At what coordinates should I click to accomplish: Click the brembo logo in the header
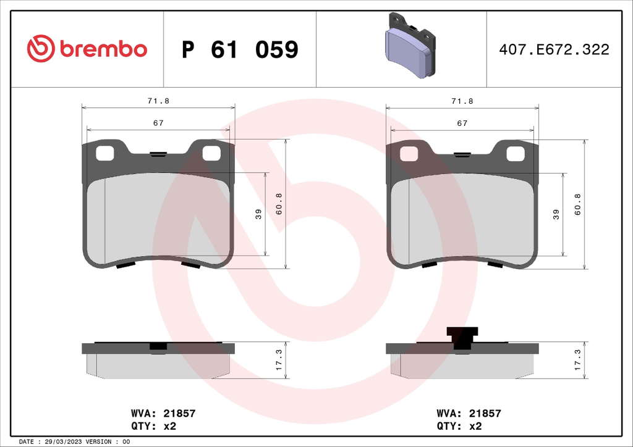[87, 49]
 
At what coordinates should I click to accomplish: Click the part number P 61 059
[240, 49]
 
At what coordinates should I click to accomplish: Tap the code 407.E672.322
[554, 49]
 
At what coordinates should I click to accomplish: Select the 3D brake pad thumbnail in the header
[410, 45]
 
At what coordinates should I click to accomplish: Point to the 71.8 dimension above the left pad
[158, 101]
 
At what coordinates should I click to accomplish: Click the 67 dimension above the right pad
[462, 123]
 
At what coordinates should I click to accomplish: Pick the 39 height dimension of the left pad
[258, 214]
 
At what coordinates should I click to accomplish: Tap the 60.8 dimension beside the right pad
[577, 204]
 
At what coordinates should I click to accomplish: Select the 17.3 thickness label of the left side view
[279, 360]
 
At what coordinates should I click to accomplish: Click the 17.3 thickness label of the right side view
[577, 360]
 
